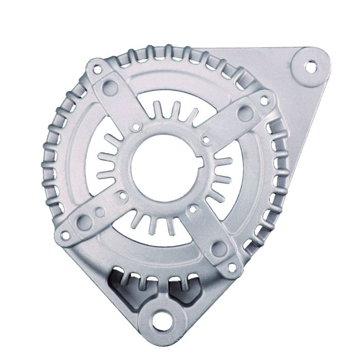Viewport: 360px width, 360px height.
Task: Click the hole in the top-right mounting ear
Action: pos(310,66)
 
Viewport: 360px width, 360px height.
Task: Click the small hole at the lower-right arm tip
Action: pos(232,267)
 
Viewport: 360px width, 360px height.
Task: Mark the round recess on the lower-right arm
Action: pos(218,249)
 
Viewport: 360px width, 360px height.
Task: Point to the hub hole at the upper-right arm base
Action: pos(206,139)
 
